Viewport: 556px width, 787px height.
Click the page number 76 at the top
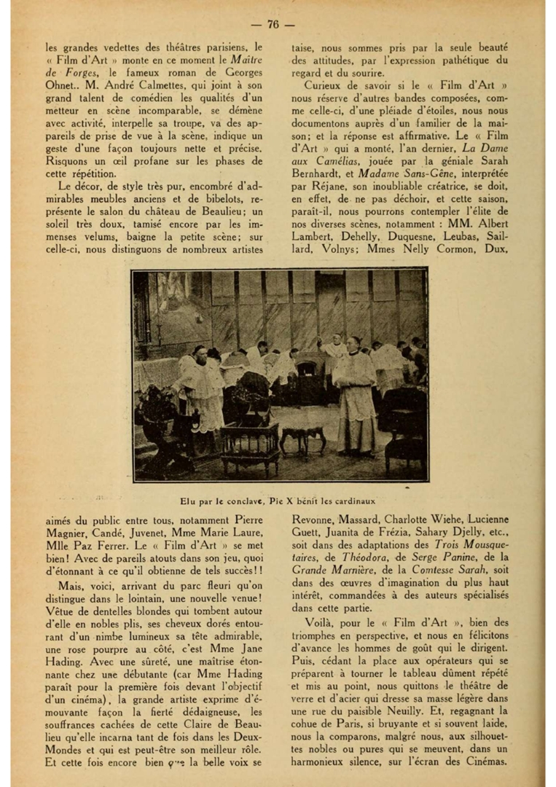[x=273, y=24]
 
